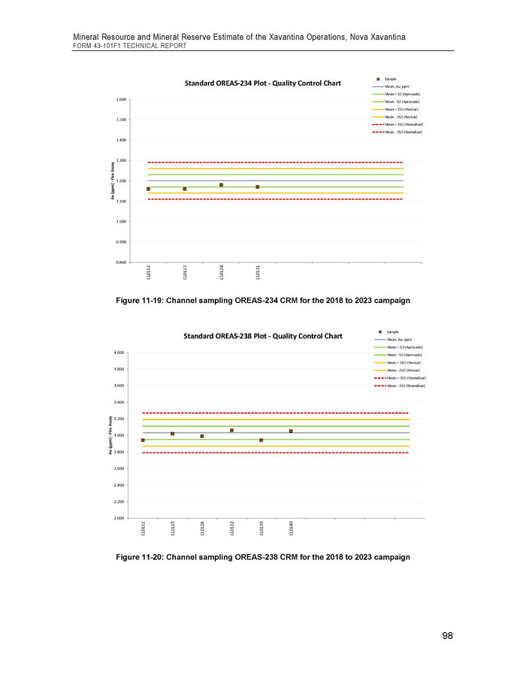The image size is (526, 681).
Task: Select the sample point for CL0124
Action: click(x=221, y=185)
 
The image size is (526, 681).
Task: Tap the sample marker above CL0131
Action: click(x=257, y=186)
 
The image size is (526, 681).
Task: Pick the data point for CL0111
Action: click(x=143, y=440)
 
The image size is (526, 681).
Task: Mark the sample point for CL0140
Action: click(x=291, y=431)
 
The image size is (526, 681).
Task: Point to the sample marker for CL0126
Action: click(x=202, y=436)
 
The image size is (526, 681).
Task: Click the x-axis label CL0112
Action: click(x=148, y=274)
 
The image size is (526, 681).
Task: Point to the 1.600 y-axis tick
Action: click(x=121, y=98)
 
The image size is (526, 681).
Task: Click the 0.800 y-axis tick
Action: click(x=121, y=262)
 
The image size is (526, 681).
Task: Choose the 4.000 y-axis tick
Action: click(x=119, y=353)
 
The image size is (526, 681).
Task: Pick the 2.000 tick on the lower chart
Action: click(x=119, y=518)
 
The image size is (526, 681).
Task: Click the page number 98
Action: click(x=447, y=636)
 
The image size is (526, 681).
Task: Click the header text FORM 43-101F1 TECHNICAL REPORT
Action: click(x=129, y=46)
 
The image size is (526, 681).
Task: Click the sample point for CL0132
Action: click(x=231, y=430)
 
